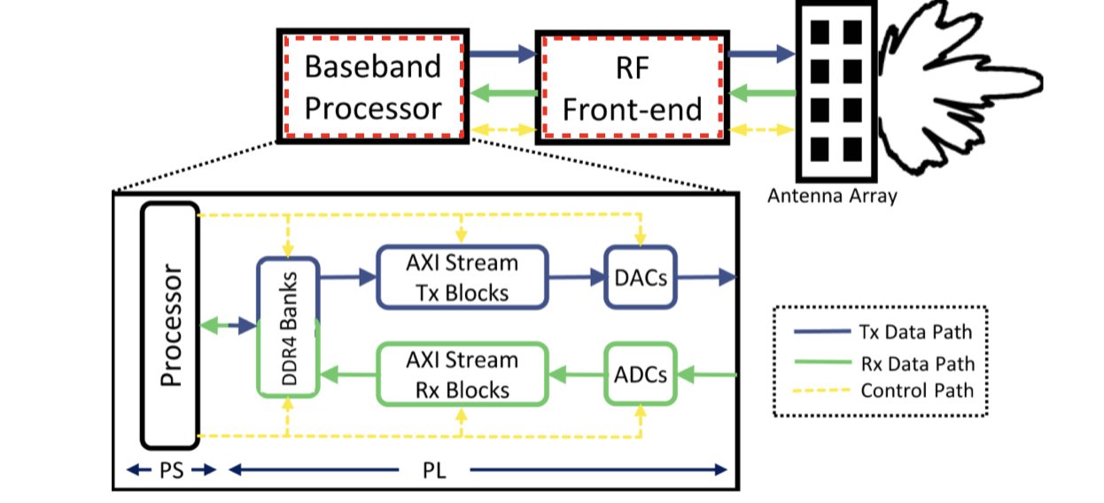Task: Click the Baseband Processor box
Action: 373,87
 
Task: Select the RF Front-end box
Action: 632,87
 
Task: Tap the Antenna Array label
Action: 831,197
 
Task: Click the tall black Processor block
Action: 170,325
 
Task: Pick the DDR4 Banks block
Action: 287,327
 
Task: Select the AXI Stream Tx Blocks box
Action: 462,277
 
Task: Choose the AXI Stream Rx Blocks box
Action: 462,375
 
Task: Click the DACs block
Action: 639,277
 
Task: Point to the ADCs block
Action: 639,375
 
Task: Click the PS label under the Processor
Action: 171,470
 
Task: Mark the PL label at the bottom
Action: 434,470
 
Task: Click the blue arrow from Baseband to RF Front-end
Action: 501,56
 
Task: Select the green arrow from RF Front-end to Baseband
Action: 501,92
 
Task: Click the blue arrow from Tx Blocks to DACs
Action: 576,277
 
